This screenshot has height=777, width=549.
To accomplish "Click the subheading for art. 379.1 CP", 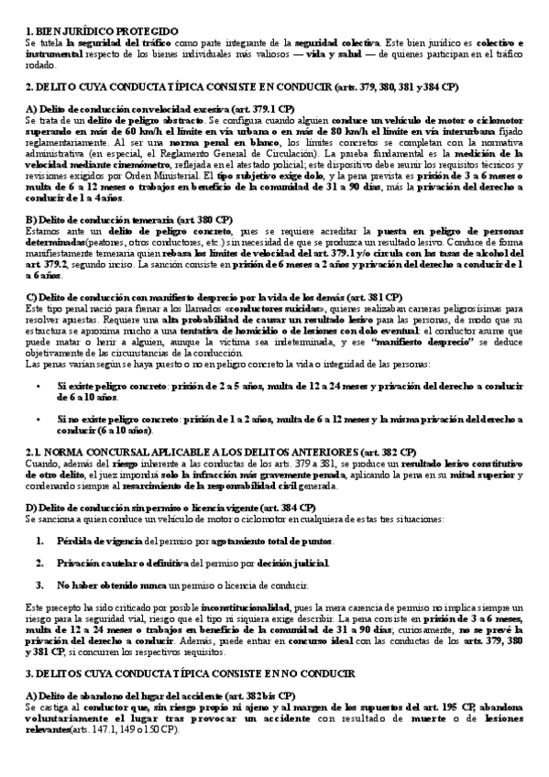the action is [133, 110].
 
